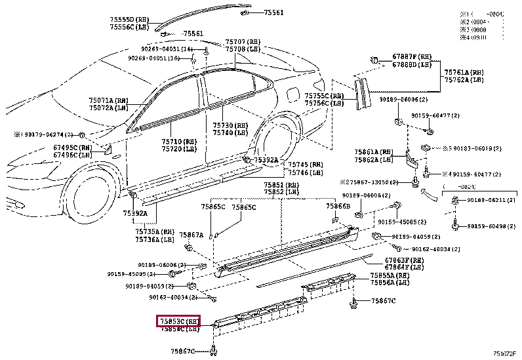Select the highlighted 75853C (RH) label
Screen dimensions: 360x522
coord(178,321)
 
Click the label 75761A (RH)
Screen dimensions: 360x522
coord(464,71)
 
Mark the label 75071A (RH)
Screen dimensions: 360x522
coord(109,100)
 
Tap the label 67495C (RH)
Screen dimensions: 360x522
coord(72,148)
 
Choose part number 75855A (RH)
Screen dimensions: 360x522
coord(390,275)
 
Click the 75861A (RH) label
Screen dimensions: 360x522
coord(374,151)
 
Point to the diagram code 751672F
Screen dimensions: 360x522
coord(506,354)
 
